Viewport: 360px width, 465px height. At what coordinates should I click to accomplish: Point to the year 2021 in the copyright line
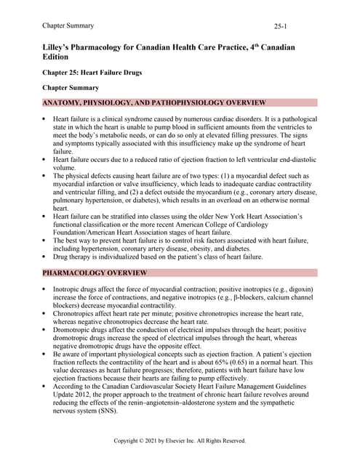coord(161,440)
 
